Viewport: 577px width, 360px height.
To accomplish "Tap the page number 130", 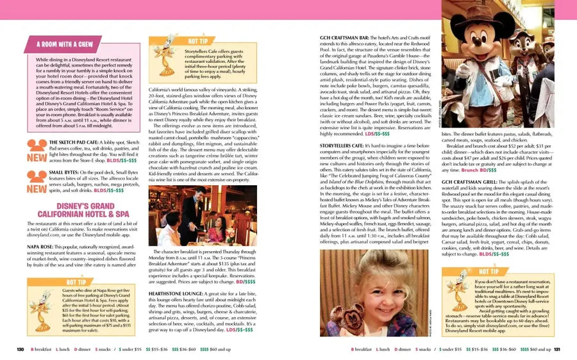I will coord(20,349).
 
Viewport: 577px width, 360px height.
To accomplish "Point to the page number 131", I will coord(557,349).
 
